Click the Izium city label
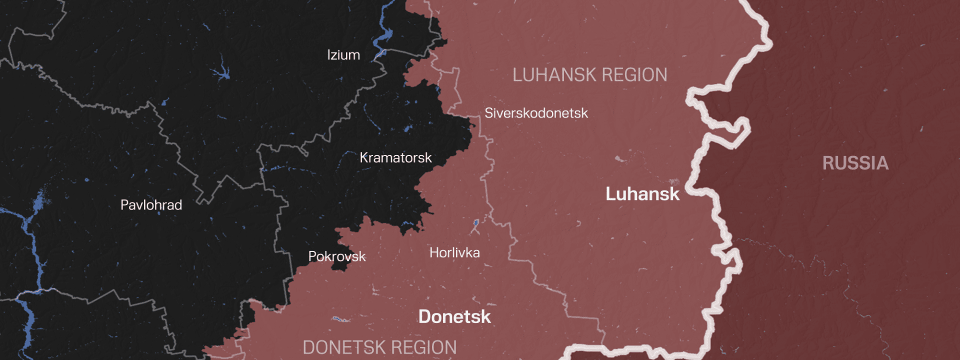pos(343,55)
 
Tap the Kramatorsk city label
pos(395,158)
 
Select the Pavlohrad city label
pos(151,205)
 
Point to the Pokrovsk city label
pos(337,256)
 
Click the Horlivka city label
pos(454,253)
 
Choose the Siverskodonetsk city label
pos(536,113)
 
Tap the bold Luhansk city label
pos(642,194)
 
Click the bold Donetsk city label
pos(454,316)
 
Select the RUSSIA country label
pos(855,163)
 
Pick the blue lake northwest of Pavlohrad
pos(220,73)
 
